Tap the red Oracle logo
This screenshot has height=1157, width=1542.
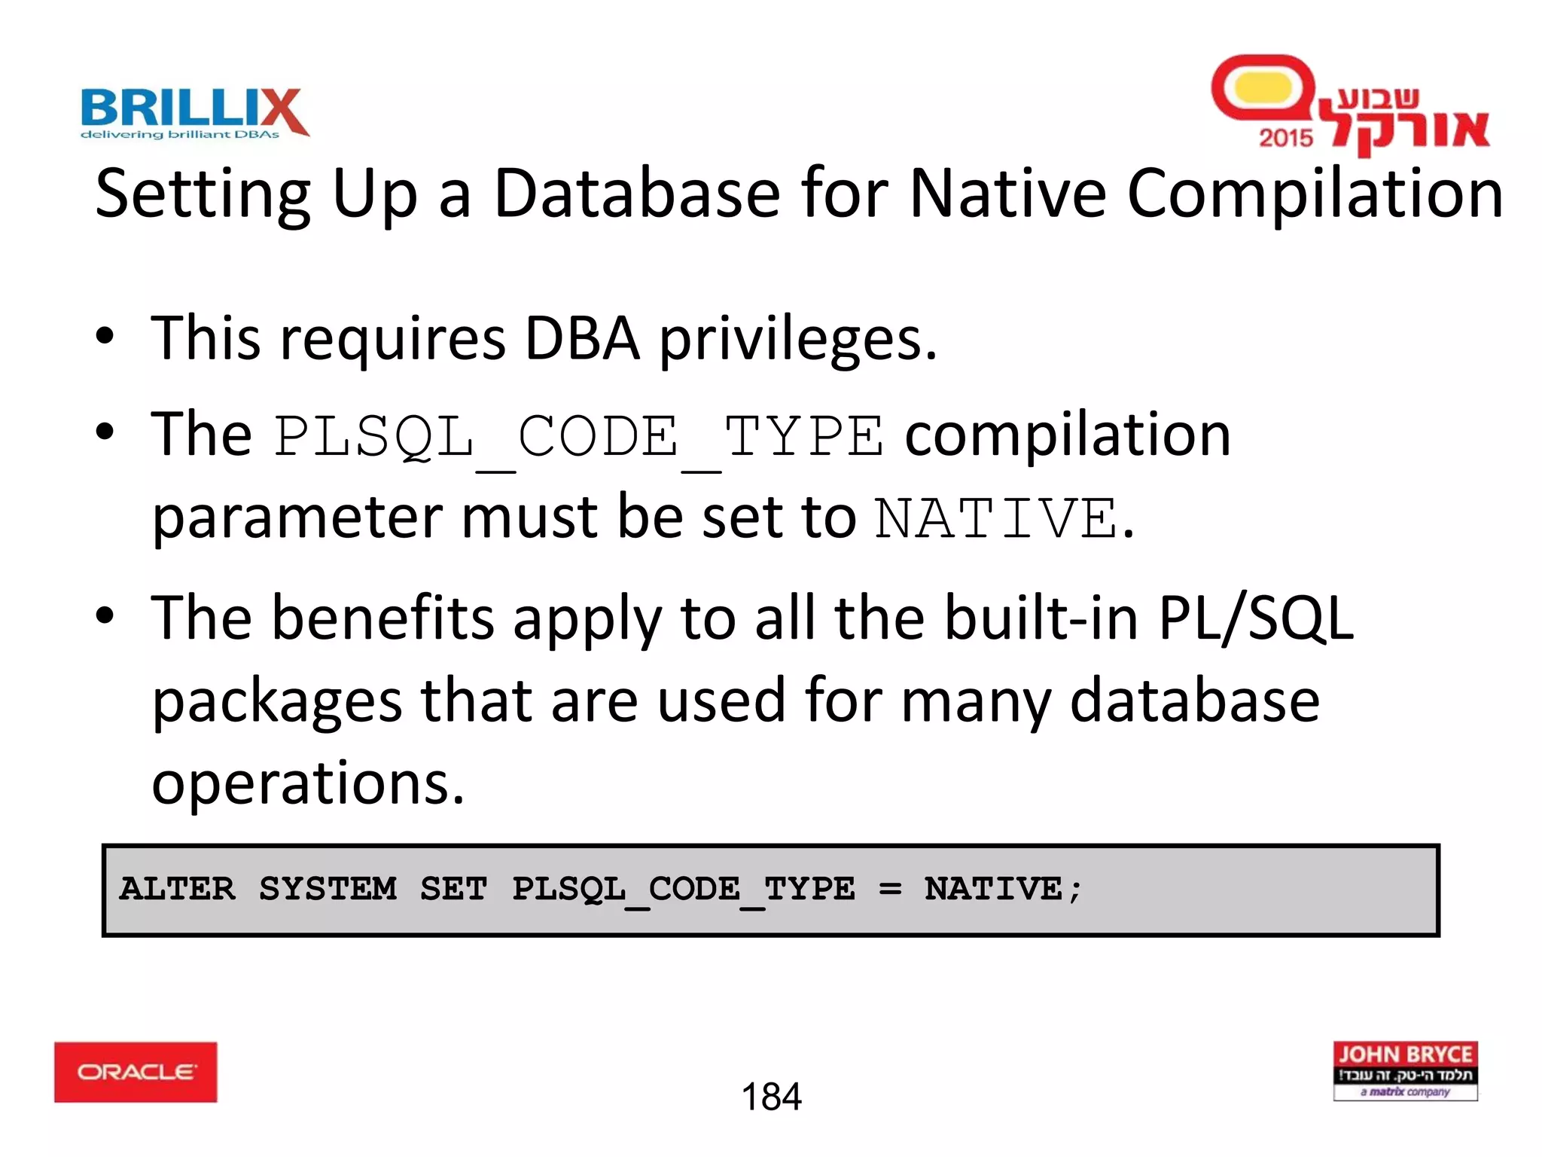(x=136, y=1072)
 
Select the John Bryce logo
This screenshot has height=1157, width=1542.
(x=1405, y=1071)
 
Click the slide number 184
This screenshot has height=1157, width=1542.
(x=771, y=1097)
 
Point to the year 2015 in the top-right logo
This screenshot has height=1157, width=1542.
(x=1285, y=138)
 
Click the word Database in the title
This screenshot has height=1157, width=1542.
(x=637, y=194)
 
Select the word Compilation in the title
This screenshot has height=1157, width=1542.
(x=1315, y=195)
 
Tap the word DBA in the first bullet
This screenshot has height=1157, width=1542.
(x=582, y=339)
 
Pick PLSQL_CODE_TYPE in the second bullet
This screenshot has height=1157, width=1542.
(x=578, y=438)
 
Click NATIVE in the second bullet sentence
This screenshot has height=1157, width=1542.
(x=996, y=519)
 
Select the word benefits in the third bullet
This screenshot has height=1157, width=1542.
(x=382, y=618)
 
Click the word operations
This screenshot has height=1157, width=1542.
(x=308, y=783)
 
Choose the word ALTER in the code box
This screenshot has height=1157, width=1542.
(x=177, y=889)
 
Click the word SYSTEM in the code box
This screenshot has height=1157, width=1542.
(x=328, y=889)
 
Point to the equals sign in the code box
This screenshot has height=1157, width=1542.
(x=889, y=890)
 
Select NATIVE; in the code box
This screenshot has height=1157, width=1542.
(x=1003, y=890)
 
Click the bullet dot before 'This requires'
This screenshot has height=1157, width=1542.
(x=105, y=337)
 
